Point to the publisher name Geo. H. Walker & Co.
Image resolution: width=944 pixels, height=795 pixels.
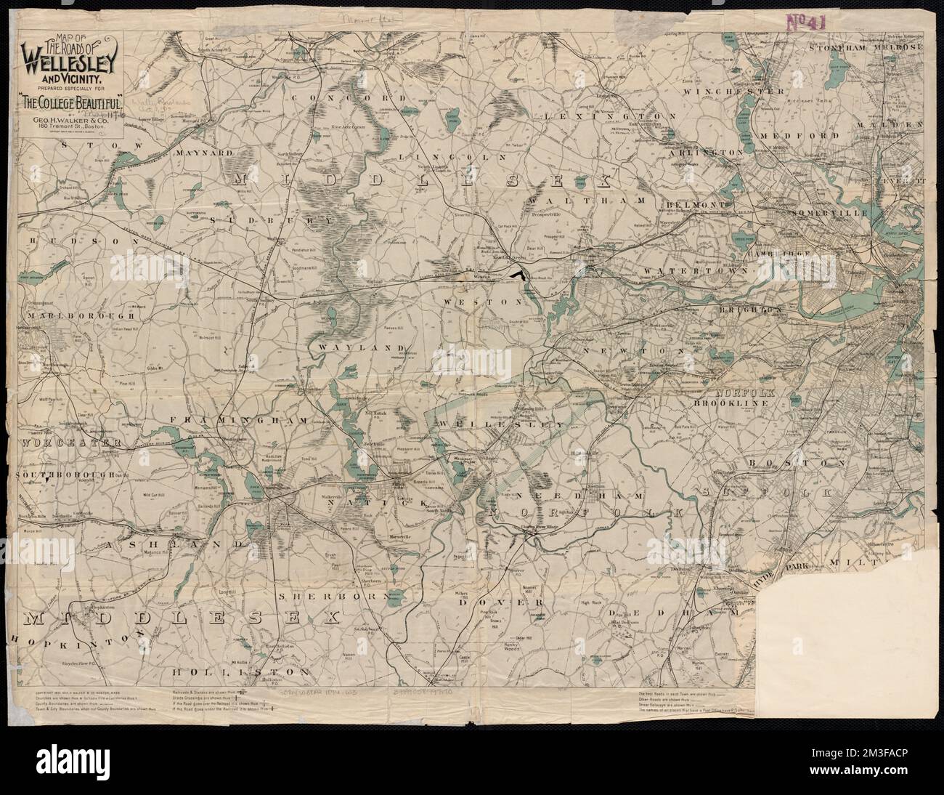coord(75,115)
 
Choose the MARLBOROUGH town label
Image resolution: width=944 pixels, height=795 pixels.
coord(81,315)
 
